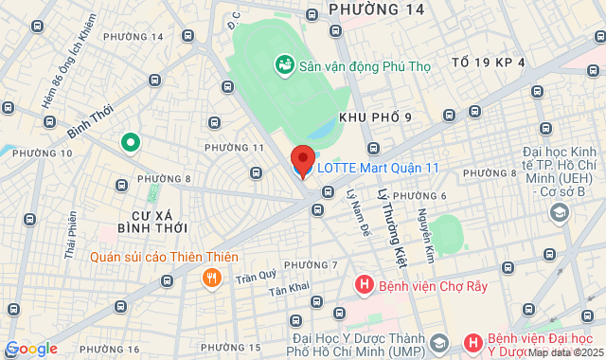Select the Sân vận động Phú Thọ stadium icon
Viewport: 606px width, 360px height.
click(x=283, y=65)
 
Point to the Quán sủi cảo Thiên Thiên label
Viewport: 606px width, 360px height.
click(x=165, y=257)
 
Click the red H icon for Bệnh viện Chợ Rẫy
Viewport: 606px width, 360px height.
click(x=364, y=284)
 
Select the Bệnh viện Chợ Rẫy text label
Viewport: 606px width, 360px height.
click(x=433, y=285)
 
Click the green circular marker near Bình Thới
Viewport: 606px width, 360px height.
click(x=131, y=143)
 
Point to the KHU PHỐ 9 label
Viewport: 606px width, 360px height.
click(x=375, y=116)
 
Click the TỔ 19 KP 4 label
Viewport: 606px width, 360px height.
click(x=488, y=62)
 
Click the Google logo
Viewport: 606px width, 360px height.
click(x=31, y=349)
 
